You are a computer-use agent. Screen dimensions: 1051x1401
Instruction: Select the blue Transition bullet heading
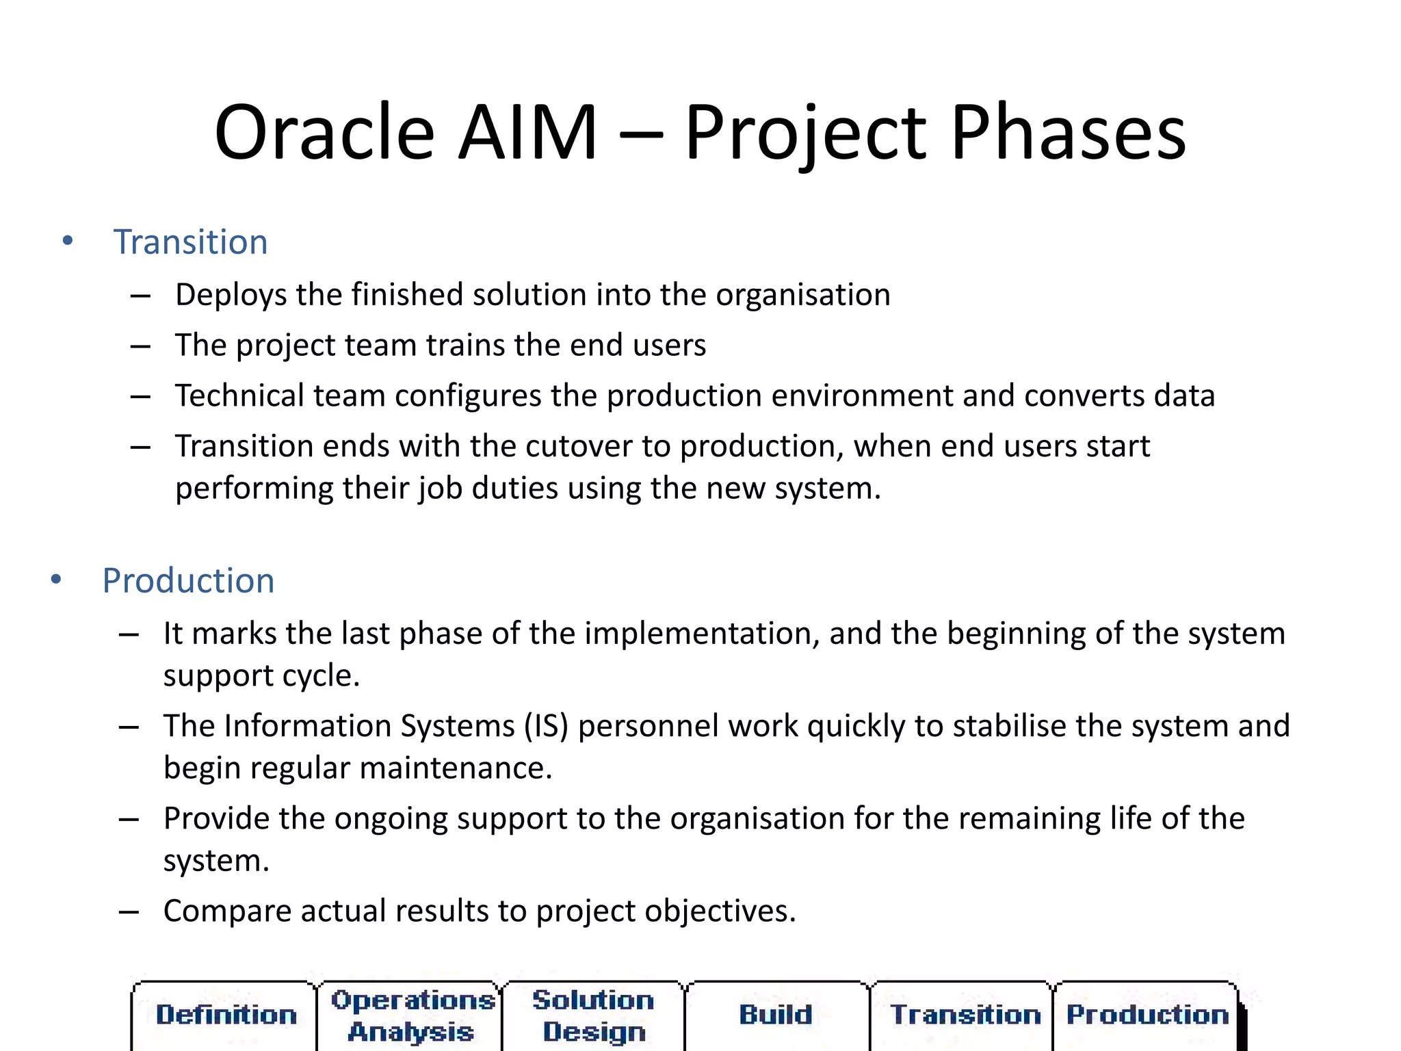[x=190, y=242]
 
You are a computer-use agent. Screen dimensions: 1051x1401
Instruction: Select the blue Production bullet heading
[x=188, y=581]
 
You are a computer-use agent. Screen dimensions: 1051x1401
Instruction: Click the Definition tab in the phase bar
[x=226, y=1015]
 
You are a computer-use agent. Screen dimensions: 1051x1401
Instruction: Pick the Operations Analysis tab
[x=412, y=1016]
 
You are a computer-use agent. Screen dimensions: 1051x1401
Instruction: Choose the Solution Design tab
[x=594, y=1016]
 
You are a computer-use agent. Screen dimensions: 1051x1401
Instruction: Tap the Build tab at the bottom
[x=776, y=1015]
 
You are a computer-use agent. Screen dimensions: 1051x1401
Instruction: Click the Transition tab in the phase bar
[x=965, y=1015]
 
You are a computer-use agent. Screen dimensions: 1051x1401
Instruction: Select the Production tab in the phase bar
[x=1147, y=1015]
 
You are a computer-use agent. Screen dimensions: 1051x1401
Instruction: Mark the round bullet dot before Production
[x=56, y=580]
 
